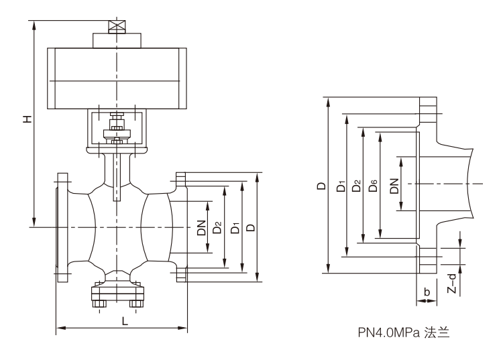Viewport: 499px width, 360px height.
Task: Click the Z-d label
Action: [453, 284]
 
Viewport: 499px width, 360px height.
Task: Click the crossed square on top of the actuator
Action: [117, 27]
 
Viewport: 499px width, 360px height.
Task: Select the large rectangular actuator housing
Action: [116, 79]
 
